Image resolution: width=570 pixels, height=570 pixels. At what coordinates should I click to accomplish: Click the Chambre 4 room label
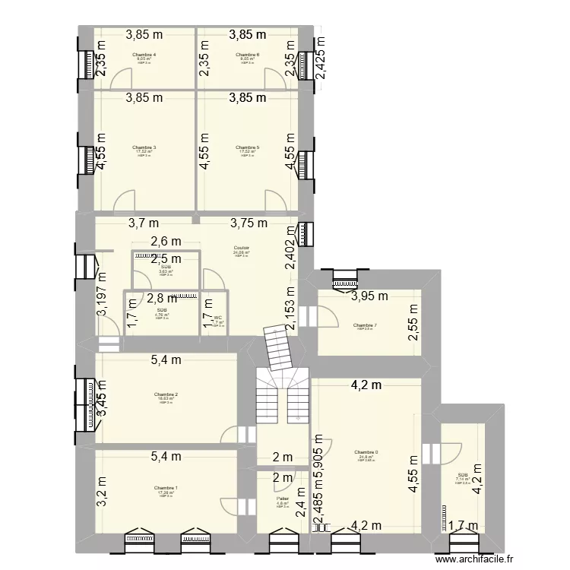(144, 55)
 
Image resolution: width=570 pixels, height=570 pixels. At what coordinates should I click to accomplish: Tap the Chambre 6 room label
(248, 55)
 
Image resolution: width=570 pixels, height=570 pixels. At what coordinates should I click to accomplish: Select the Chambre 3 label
(144, 147)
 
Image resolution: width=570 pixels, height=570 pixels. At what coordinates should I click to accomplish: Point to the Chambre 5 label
(248, 147)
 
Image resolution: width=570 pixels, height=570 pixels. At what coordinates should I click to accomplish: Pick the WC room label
(217, 318)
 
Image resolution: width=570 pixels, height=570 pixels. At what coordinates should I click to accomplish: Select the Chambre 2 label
(165, 394)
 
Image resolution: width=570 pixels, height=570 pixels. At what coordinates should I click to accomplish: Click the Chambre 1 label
(165, 488)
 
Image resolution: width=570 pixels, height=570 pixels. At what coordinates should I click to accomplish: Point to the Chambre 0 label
(366, 453)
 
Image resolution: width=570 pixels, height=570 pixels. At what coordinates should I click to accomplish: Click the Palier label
(281, 499)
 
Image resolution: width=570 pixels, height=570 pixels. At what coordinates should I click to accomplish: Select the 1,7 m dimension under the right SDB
(462, 546)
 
